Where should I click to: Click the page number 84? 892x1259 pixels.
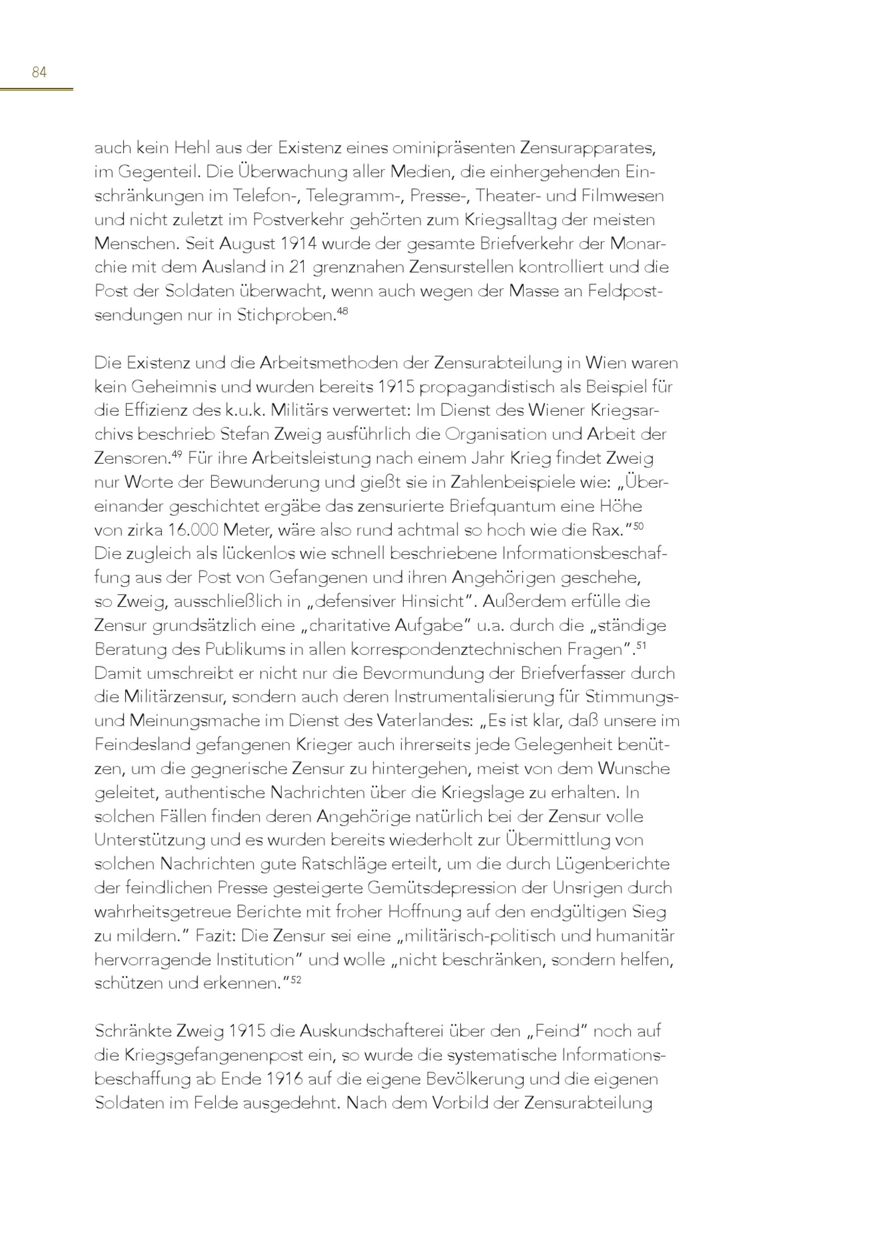39,72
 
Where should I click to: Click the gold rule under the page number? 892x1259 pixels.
36,88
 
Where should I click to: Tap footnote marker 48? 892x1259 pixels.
342,311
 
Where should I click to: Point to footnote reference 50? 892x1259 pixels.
638,526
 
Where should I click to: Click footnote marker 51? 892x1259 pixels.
641,645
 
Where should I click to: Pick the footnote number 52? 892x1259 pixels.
296,979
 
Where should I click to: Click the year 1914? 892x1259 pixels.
299,244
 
